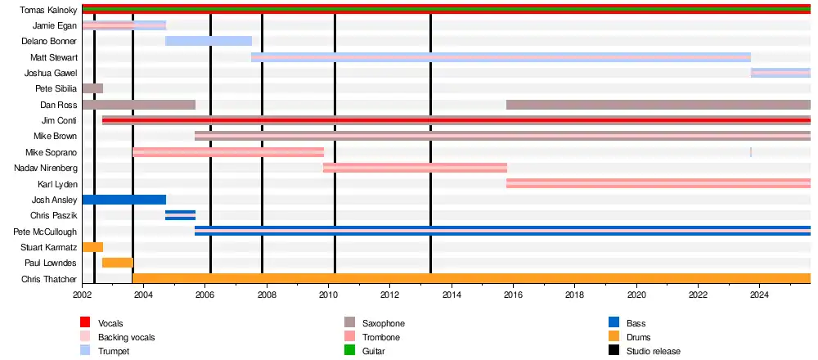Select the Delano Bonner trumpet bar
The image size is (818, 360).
(209, 41)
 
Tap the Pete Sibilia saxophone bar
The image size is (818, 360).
(92, 88)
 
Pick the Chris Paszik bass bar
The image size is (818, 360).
(180, 215)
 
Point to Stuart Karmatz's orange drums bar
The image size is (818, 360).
(92, 247)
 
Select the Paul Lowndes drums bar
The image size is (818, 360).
(118, 263)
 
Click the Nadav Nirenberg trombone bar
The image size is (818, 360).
(415, 168)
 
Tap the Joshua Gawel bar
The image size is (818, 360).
(780, 73)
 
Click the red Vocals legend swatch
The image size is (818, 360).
(85, 323)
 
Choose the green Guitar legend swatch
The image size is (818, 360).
(350, 351)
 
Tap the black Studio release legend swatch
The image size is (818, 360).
(614, 351)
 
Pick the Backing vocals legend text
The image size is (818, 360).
(126, 337)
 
